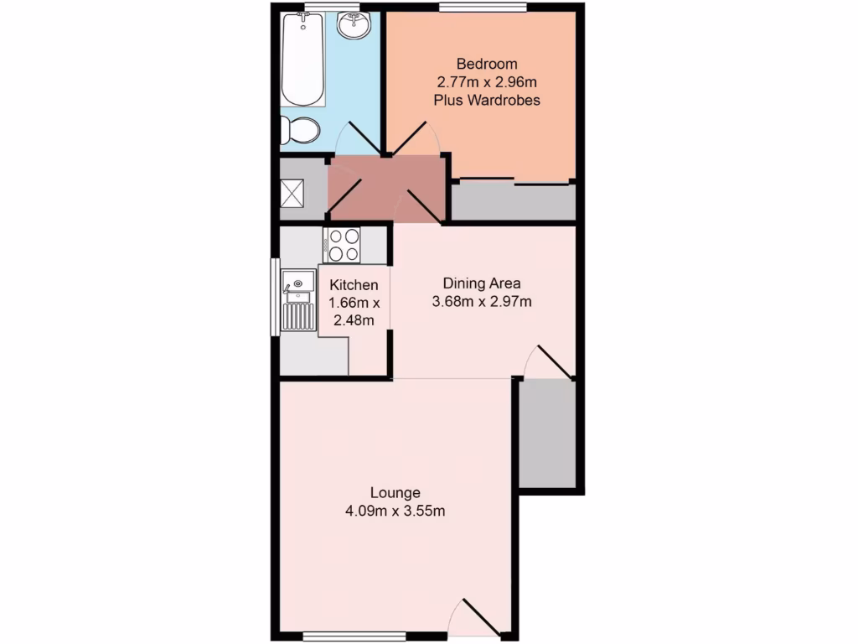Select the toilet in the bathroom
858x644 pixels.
(300, 130)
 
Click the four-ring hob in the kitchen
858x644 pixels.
(343, 246)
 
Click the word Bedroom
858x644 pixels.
(486, 64)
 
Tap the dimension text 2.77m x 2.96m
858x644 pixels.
(486, 82)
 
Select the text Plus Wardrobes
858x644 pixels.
(486, 100)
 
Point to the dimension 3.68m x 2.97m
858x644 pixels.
(482, 301)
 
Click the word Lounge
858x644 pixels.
(395, 492)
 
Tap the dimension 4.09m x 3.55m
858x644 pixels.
(395, 510)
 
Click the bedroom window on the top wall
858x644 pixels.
(483, 8)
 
